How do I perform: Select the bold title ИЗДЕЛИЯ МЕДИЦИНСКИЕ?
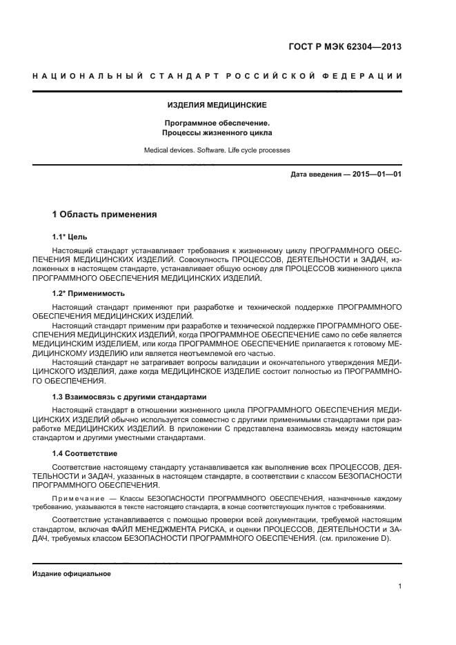point(217,106)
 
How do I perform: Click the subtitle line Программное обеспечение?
point(217,123)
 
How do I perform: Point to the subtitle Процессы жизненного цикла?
point(217,132)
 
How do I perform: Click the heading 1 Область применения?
point(105,215)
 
